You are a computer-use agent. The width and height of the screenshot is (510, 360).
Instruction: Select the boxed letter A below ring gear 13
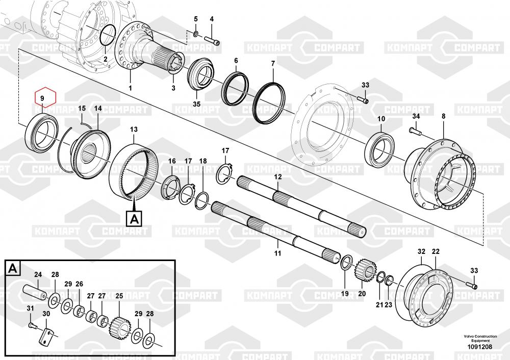(x=134, y=219)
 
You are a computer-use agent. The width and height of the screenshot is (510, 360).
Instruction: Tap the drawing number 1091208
(x=480, y=347)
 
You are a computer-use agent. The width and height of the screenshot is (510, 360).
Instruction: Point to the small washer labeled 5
(x=196, y=34)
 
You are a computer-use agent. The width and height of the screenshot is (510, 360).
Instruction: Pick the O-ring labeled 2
(x=101, y=35)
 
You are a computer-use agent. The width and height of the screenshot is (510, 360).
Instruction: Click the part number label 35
(x=197, y=105)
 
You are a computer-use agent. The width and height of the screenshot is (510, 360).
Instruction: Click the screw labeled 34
(x=415, y=131)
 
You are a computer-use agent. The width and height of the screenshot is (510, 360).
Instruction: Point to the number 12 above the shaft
(x=278, y=177)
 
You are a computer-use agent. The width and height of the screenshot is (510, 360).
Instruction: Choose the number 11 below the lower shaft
(x=277, y=253)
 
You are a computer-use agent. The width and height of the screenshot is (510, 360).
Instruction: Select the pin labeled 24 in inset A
(x=35, y=292)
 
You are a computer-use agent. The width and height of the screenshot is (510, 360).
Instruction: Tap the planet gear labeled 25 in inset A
(x=120, y=328)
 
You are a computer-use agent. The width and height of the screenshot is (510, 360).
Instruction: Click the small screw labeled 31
(x=31, y=324)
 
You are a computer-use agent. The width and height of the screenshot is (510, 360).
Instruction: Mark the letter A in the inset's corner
(x=12, y=269)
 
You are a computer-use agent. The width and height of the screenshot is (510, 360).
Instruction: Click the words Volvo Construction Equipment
(x=480, y=338)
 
